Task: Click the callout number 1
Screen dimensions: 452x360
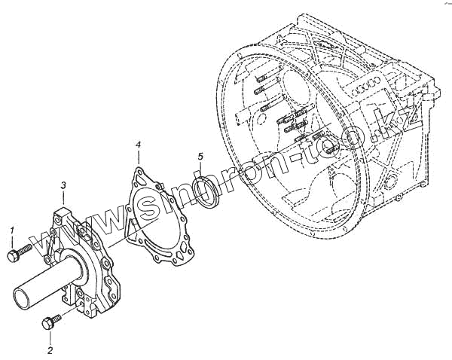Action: (x=11, y=229)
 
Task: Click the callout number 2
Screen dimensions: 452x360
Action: (x=50, y=351)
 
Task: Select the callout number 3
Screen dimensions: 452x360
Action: (x=63, y=185)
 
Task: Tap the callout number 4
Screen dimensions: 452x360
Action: (x=138, y=143)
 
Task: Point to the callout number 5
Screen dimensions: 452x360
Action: (x=200, y=157)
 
